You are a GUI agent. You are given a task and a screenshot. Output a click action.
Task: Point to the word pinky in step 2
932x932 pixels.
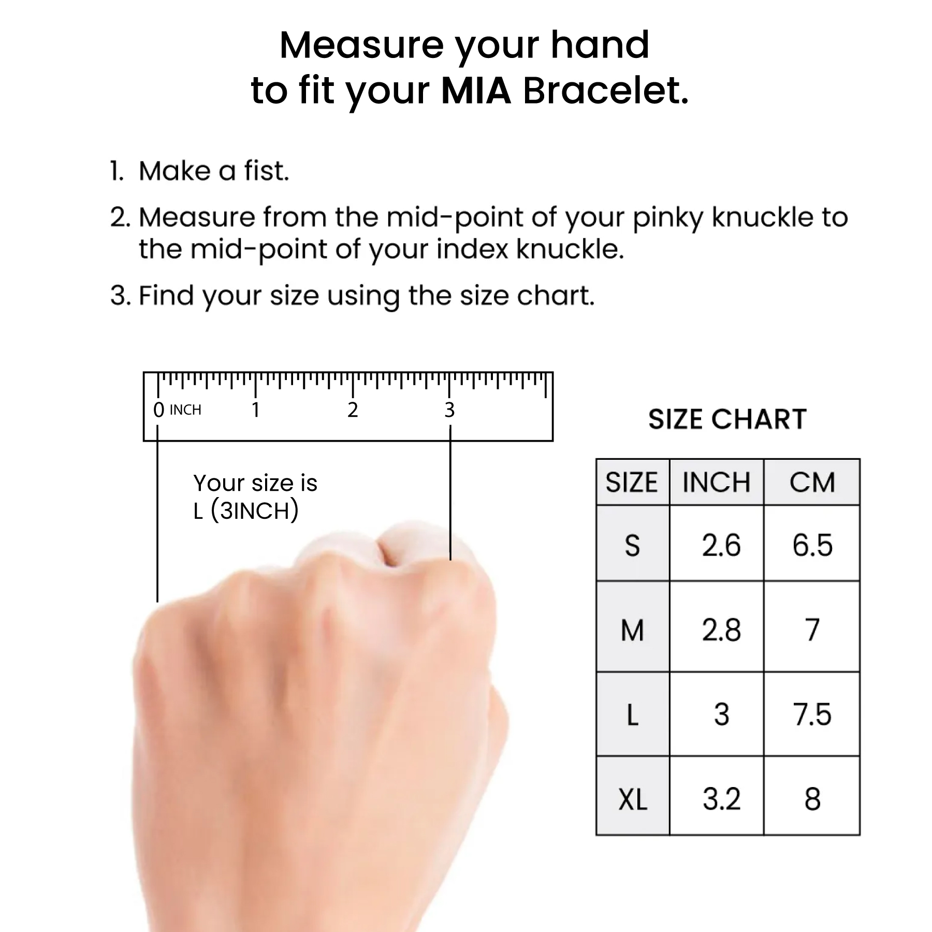pos(668,217)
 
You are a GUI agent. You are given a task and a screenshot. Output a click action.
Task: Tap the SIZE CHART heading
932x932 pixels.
pos(727,419)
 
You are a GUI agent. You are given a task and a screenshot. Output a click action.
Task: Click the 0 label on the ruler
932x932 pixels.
pos(158,410)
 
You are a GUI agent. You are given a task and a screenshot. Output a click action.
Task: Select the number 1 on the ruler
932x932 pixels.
pos(255,410)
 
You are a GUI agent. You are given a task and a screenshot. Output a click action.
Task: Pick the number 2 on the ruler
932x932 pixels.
pos(353,410)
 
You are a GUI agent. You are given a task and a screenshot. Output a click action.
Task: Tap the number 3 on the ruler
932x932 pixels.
pos(449,410)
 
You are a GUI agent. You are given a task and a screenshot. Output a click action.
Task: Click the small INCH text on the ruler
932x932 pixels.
pos(185,410)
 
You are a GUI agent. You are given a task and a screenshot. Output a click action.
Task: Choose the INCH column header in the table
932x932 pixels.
pos(716,483)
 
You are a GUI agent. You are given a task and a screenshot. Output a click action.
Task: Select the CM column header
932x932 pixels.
pos(812,483)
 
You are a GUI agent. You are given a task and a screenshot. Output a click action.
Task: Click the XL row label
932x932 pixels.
pos(633,800)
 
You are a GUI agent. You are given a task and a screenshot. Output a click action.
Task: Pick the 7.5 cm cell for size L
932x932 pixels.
pos(812,715)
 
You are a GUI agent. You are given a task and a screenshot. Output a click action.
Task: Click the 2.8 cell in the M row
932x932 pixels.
pos(721,631)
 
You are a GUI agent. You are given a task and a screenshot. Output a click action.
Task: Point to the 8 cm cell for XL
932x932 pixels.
pos(812,799)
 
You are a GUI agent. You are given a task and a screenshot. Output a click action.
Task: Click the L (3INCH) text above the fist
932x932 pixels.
pos(246,511)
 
